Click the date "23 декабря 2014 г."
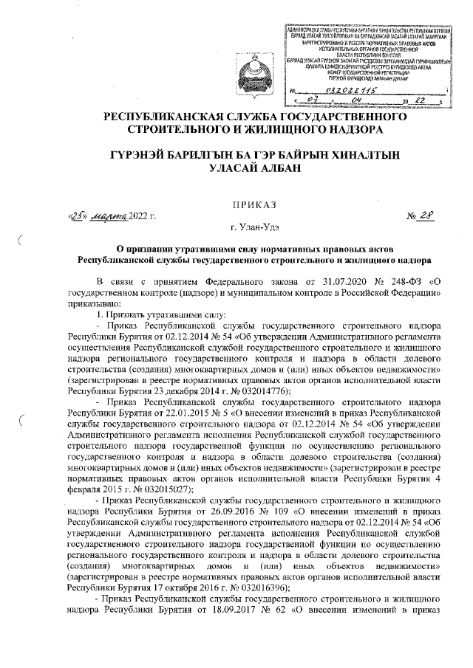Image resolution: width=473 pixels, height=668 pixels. coord(171,391)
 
